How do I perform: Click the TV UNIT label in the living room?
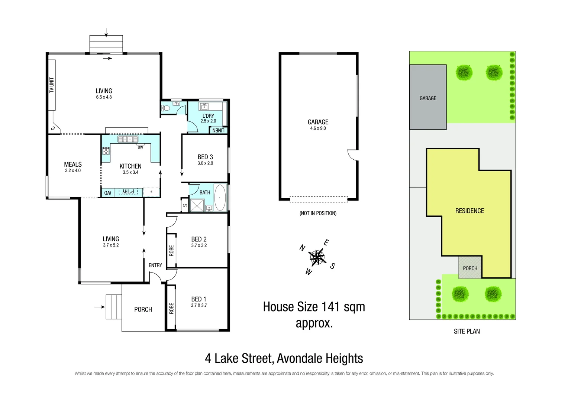click(52, 85)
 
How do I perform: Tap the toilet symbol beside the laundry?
click(166, 108)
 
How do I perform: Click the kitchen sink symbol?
click(128, 139)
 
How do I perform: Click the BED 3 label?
click(205, 157)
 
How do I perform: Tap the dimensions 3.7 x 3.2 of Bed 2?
click(199, 245)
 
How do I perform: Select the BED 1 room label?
click(199, 299)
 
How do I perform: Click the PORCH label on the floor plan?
click(143, 309)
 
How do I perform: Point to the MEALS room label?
click(72, 164)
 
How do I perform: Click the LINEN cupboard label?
click(218, 131)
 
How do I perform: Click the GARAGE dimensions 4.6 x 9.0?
click(318, 128)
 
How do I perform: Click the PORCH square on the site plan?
click(470, 268)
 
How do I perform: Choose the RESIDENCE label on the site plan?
click(469, 211)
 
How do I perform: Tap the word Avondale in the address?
click(300, 358)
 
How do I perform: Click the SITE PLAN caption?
click(467, 331)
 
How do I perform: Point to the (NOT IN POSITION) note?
click(318, 213)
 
